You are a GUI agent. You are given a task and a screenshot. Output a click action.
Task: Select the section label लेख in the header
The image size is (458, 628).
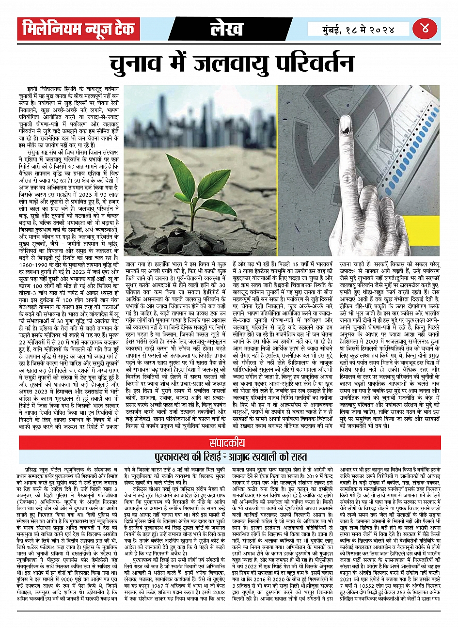226,29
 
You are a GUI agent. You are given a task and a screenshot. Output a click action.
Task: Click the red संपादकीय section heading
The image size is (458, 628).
228,442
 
